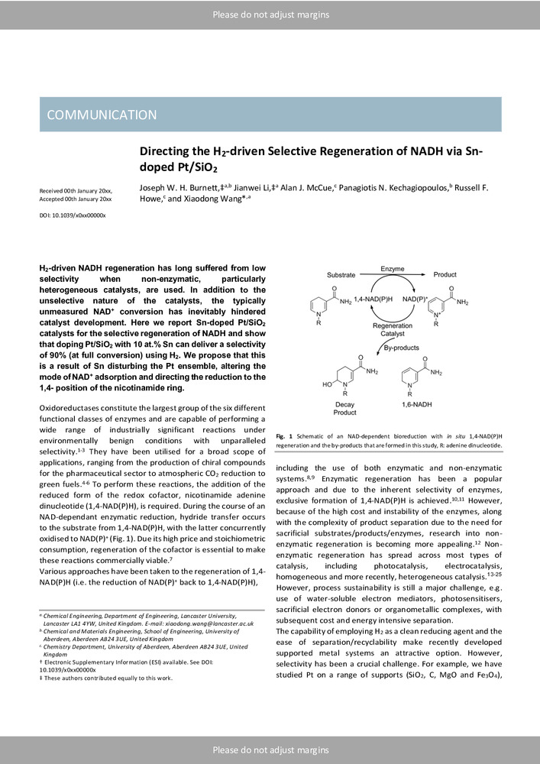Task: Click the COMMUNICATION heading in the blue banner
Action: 102,115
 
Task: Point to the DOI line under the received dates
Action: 72,216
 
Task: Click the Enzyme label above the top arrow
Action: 393,269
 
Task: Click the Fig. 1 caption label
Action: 286,435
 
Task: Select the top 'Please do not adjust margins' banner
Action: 270,15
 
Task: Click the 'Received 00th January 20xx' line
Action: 75,189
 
